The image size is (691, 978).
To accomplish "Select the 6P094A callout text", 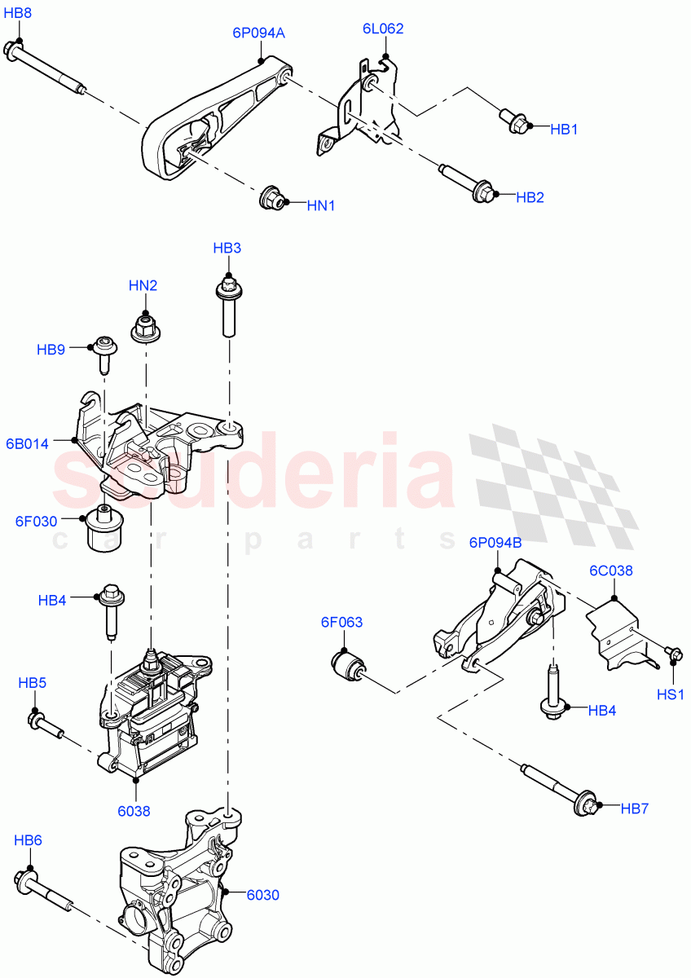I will point(258,33).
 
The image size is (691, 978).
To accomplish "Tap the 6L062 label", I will point(383,29).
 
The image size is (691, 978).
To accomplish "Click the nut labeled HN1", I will point(271,198).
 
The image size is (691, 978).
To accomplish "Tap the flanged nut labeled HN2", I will point(144,328).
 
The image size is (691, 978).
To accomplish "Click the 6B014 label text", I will point(27,444).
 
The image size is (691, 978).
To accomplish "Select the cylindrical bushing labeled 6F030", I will point(103,529).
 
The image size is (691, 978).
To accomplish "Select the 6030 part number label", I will point(262,895).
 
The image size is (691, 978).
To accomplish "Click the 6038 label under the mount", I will point(134,811).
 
